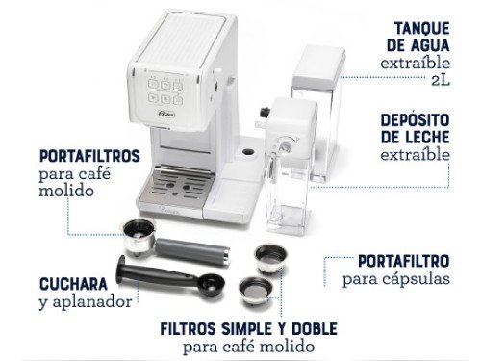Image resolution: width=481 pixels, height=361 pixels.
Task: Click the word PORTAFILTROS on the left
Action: (x=90, y=155)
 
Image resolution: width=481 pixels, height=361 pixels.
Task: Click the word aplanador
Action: (x=96, y=302)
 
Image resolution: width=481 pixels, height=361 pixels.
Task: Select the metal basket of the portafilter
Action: (x=136, y=233)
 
